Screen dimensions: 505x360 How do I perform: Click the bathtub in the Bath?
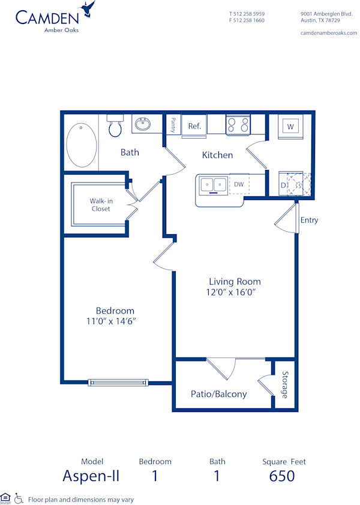pyautogui.click(x=82, y=145)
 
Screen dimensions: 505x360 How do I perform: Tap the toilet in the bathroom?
pyautogui.click(x=115, y=127)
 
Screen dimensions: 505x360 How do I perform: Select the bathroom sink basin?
pyautogui.click(x=142, y=125)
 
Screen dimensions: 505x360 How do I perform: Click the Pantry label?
pyautogui.click(x=173, y=125)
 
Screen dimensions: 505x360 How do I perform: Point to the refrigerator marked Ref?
pyautogui.click(x=194, y=126)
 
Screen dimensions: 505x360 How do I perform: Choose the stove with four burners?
pyautogui.click(x=238, y=125)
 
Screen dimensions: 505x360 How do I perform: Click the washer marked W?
pyautogui.click(x=290, y=127)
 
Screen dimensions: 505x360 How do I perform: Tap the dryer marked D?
pyautogui.click(x=284, y=185)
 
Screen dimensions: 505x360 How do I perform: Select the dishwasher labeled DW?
pyautogui.click(x=239, y=184)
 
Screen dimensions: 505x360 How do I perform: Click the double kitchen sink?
pyautogui.click(x=212, y=184)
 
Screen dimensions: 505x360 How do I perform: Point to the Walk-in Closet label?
pyautogui.click(x=101, y=204)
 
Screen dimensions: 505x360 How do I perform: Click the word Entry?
pyautogui.click(x=309, y=220)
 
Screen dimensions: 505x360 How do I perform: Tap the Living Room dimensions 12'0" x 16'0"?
pyautogui.click(x=234, y=292)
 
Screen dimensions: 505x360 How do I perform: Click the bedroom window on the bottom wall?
pyautogui.click(x=118, y=382)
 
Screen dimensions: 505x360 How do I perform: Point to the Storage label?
pyautogui.click(x=284, y=384)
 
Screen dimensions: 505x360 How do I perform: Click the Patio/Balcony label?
pyautogui.click(x=218, y=395)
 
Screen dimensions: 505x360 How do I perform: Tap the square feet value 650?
pyautogui.click(x=282, y=476)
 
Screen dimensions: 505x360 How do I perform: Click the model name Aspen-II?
pyautogui.click(x=91, y=476)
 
